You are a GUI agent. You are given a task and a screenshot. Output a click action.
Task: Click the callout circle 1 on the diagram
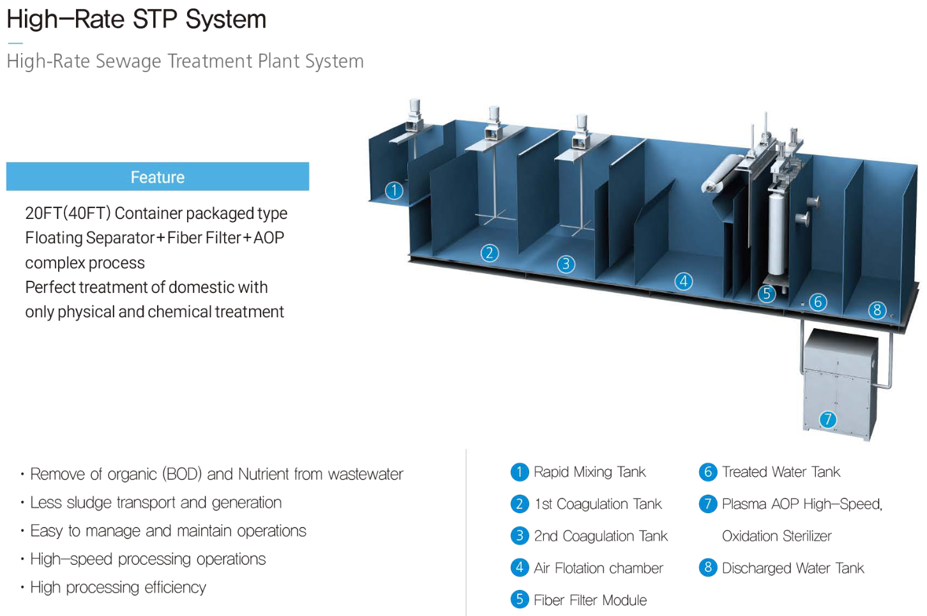pyautogui.click(x=395, y=190)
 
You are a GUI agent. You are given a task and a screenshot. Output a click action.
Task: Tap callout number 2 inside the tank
pyautogui.click(x=490, y=253)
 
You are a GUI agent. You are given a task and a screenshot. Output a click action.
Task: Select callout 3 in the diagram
pyautogui.click(x=566, y=264)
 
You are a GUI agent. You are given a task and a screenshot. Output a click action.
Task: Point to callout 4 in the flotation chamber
pyautogui.click(x=684, y=282)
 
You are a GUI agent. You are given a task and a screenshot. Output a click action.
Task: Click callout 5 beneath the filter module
pyautogui.click(x=767, y=294)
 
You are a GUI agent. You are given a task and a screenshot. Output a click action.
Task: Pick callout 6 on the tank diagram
pyautogui.click(x=818, y=302)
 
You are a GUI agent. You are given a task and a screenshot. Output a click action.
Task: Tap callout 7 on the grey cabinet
pyautogui.click(x=828, y=419)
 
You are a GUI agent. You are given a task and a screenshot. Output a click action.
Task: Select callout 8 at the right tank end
pyautogui.click(x=877, y=310)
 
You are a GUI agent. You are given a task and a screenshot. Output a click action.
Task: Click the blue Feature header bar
pyautogui.click(x=158, y=177)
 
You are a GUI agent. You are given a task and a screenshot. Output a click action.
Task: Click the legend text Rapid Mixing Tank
pyautogui.click(x=589, y=472)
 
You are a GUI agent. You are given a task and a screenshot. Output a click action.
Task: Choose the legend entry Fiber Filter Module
pyautogui.click(x=590, y=600)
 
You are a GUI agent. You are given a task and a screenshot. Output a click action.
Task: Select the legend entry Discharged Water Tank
pyautogui.click(x=792, y=568)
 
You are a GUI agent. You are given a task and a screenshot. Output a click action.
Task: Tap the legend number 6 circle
pyautogui.click(x=708, y=472)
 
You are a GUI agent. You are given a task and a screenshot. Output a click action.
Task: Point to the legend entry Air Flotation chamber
pyautogui.click(x=598, y=568)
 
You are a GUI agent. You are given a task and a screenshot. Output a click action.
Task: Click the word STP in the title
pyautogui.click(x=153, y=19)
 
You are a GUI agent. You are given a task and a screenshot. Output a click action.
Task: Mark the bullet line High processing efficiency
pyautogui.click(x=118, y=587)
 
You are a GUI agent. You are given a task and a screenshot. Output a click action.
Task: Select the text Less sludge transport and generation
pyautogui.click(x=156, y=502)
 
